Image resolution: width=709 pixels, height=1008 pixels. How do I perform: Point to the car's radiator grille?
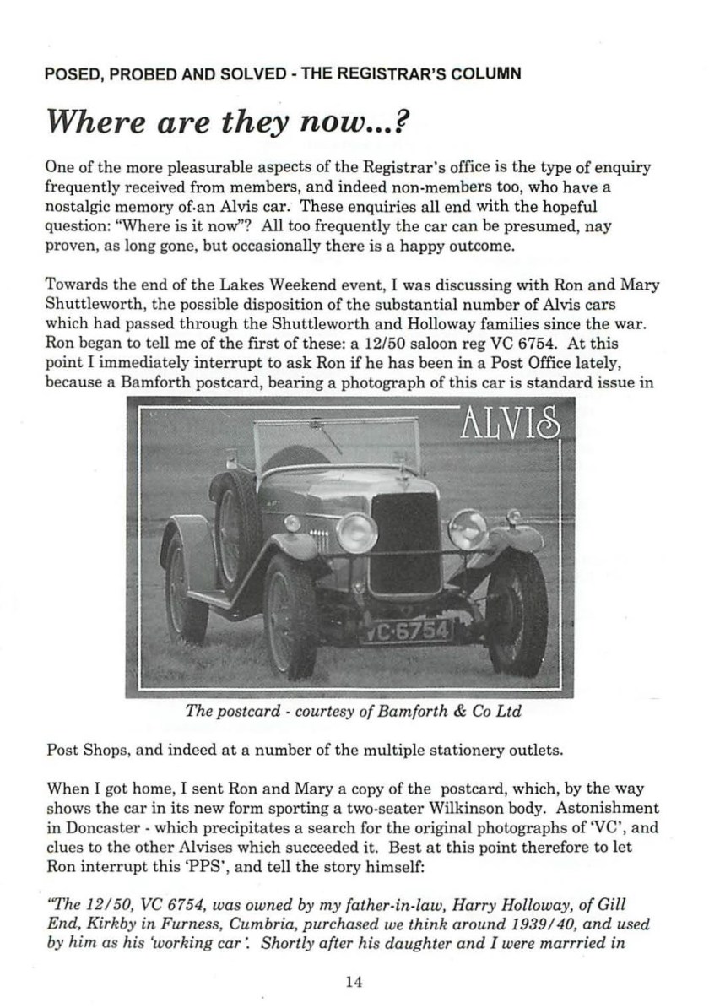(406, 542)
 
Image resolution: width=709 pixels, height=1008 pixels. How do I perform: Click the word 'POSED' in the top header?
(73, 73)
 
